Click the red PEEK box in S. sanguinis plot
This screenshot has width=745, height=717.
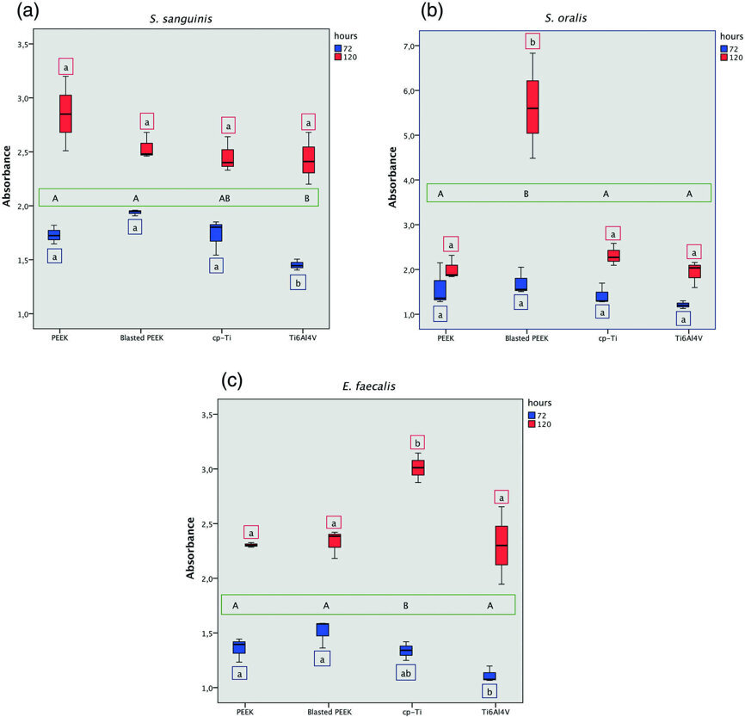pyautogui.click(x=65, y=114)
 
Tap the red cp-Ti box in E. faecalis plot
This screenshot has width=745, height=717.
pyautogui.click(x=418, y=467)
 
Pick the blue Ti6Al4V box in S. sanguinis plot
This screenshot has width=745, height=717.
pyautogui.click(x=298, y=265)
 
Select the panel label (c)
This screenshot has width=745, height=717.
pyautogui.click(x=207, y=378)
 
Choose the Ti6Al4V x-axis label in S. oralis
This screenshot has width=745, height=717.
pyautogui.click(x=688, y=339)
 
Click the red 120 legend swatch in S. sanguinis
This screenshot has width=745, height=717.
pyautogui.click(x=340, y=57)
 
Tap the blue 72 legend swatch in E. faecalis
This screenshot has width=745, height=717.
pyautogui.click(x=532, y=415)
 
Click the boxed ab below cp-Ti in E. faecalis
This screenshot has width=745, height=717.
pyautogui.click(x=406, y=673)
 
